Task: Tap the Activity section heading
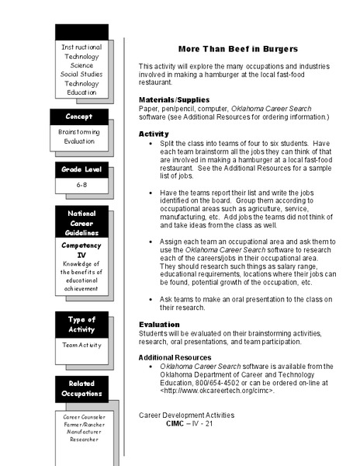(154, 134)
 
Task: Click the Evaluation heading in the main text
(159, 324)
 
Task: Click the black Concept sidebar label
(78, 116)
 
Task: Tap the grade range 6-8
(81, 186)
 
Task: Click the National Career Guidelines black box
(81, 222)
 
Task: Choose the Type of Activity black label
(81, 325)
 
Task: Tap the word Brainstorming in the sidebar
(78, 133)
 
